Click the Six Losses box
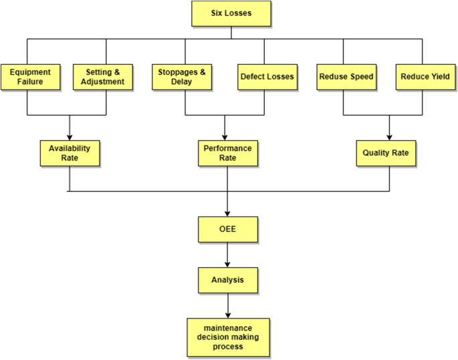tap(231, 13)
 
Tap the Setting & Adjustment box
tap(106, 77)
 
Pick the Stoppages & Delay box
tap(183, 77)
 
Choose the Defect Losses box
tap(267, 77)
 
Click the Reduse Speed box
tap(345, 77)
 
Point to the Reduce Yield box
tap(424, 77)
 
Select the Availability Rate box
tap(70, 153)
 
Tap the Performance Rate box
tap(227, 153)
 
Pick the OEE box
tap(228, 229)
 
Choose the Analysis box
tap(228, 280)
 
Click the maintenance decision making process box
tap(228, 337)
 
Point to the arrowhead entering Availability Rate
tap(70, 136)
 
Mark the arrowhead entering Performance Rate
tap(224, 136)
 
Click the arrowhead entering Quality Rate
tap(389, 136)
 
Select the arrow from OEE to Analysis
tap(228, 254)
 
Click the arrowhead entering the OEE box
tap(228, 212)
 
